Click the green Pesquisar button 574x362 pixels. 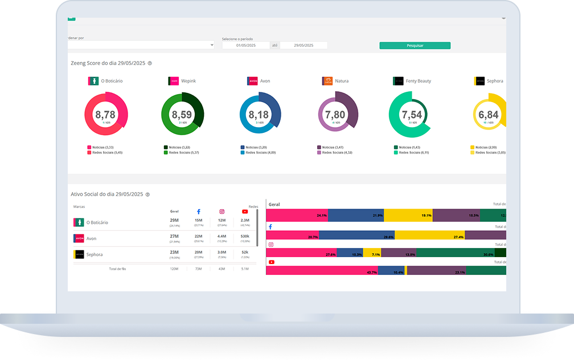(415, 46)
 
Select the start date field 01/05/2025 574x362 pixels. (245, 45)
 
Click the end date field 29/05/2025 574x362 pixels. (304, 45)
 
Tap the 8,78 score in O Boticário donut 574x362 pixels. (105, 115)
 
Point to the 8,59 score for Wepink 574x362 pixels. (182, 115)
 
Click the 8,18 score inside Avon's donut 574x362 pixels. (260, 115)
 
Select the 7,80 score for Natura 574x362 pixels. (337, 115)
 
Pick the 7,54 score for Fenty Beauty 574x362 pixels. (412, 115)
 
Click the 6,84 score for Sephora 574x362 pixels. (489, 115)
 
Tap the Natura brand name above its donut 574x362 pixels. (342, 81)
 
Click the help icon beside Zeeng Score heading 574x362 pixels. (150, 63)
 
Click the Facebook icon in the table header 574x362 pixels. (199, 211)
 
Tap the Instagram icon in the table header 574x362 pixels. (222, 211)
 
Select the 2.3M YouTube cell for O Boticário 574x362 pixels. (245, 220)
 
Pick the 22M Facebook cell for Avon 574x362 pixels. (199, 236)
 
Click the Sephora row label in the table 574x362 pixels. (95, 254)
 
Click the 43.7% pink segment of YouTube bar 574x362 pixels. (322, 271)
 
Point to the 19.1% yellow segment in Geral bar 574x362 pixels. (408, 215)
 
